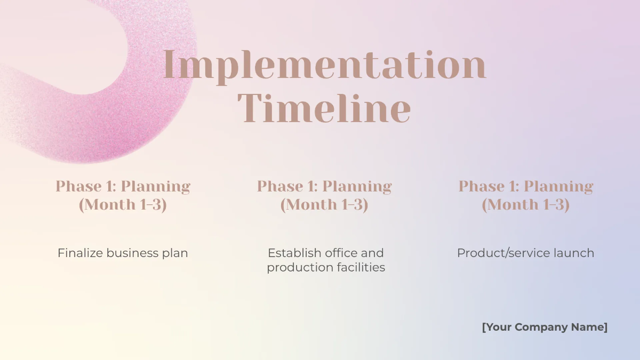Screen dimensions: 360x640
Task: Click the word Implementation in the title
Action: tap(324, 65)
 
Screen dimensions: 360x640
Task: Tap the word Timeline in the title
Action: tap(324, 108)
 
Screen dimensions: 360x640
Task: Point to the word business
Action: tap(132, 253)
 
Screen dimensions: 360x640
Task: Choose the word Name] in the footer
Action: tap(590, 327)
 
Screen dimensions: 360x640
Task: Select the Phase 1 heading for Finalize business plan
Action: tap(123, 195)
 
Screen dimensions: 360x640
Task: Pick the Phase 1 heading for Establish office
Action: tap(324, 195)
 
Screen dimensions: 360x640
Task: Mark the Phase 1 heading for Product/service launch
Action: tap(526, 195)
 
